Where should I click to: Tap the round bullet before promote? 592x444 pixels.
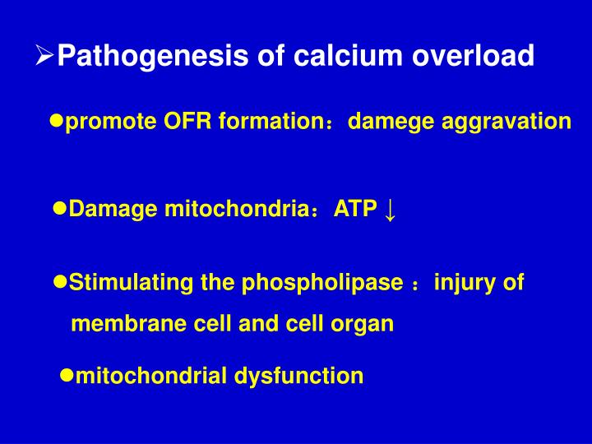click(57, 121)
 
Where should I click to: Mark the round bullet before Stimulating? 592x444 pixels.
click(60, 282)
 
